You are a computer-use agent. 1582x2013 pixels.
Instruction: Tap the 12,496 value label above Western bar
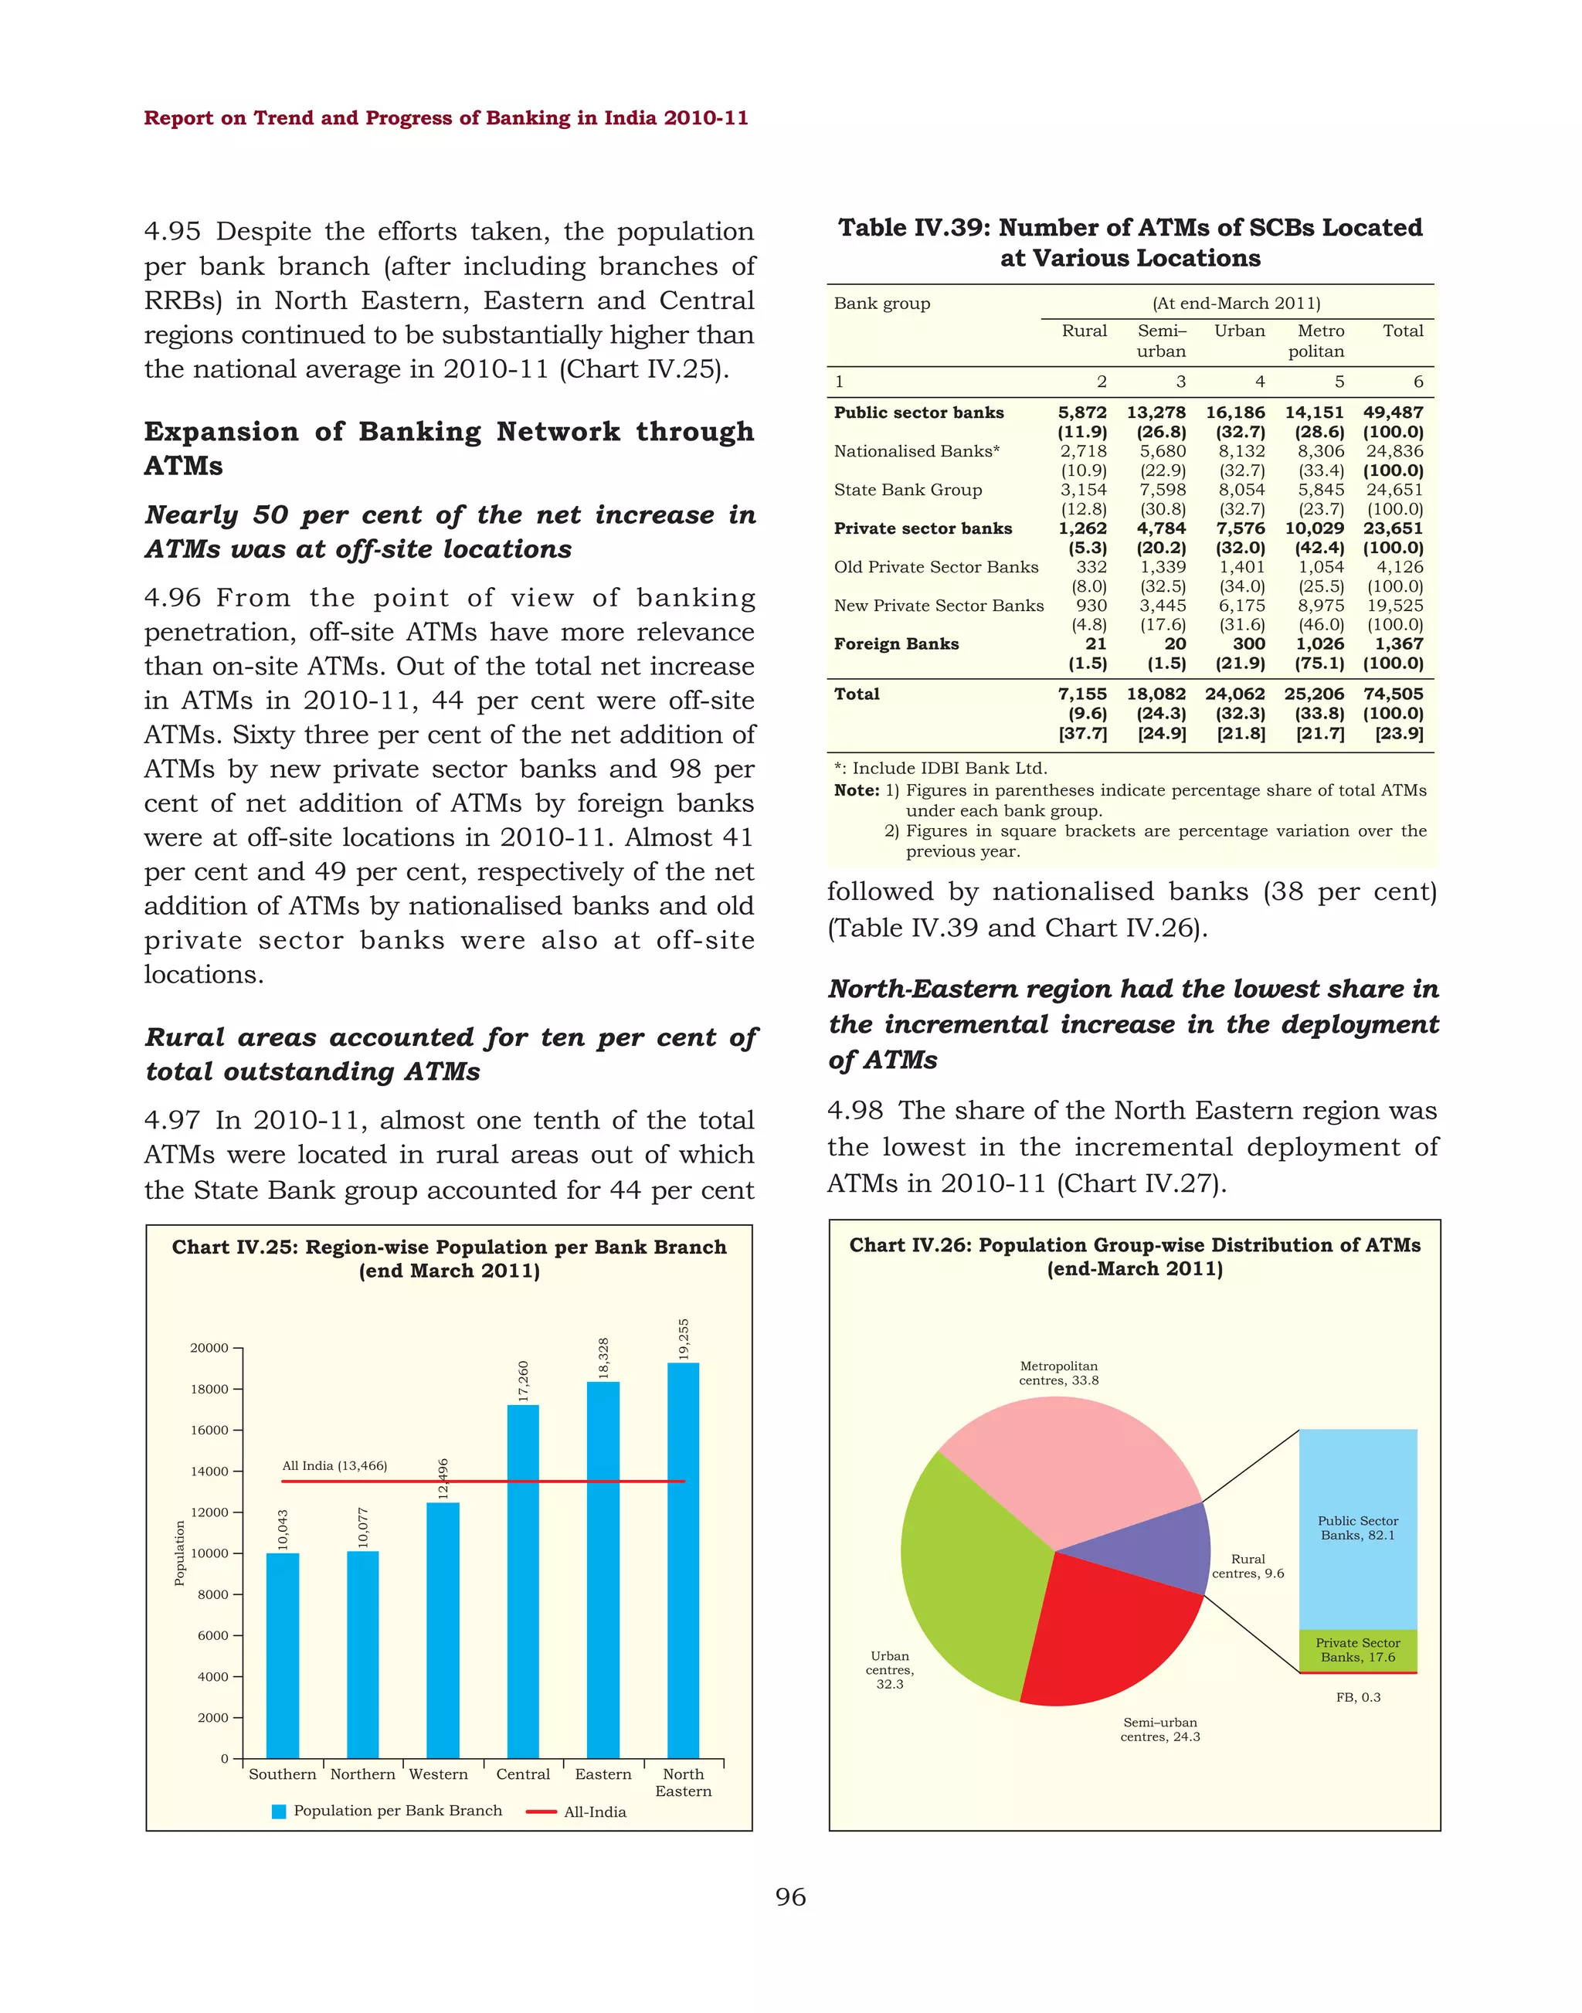pyautogui.click(x=443, y=1479)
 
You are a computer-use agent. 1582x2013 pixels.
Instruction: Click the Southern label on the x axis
pyautogui.click(x=283, y=1774)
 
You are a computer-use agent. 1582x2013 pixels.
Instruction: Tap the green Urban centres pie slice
pyautogui.click(x=968, y=1575)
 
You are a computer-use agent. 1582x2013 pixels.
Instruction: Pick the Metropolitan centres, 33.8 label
pyautogui.click(x=1059, y=1373)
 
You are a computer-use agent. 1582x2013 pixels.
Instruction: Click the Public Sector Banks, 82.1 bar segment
pyautogui.click(x=1358, y=1529)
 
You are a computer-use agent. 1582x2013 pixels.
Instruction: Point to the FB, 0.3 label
pyautogui.click(x=1358, y=1697)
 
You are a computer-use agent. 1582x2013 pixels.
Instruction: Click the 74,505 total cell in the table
pyautogui.click(x=1392, y=694)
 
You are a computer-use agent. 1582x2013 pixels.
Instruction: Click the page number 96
pyautogui.click(x=791, y=1897)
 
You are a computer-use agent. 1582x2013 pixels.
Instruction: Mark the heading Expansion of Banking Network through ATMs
pyautogui.click(x=450, y=448)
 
